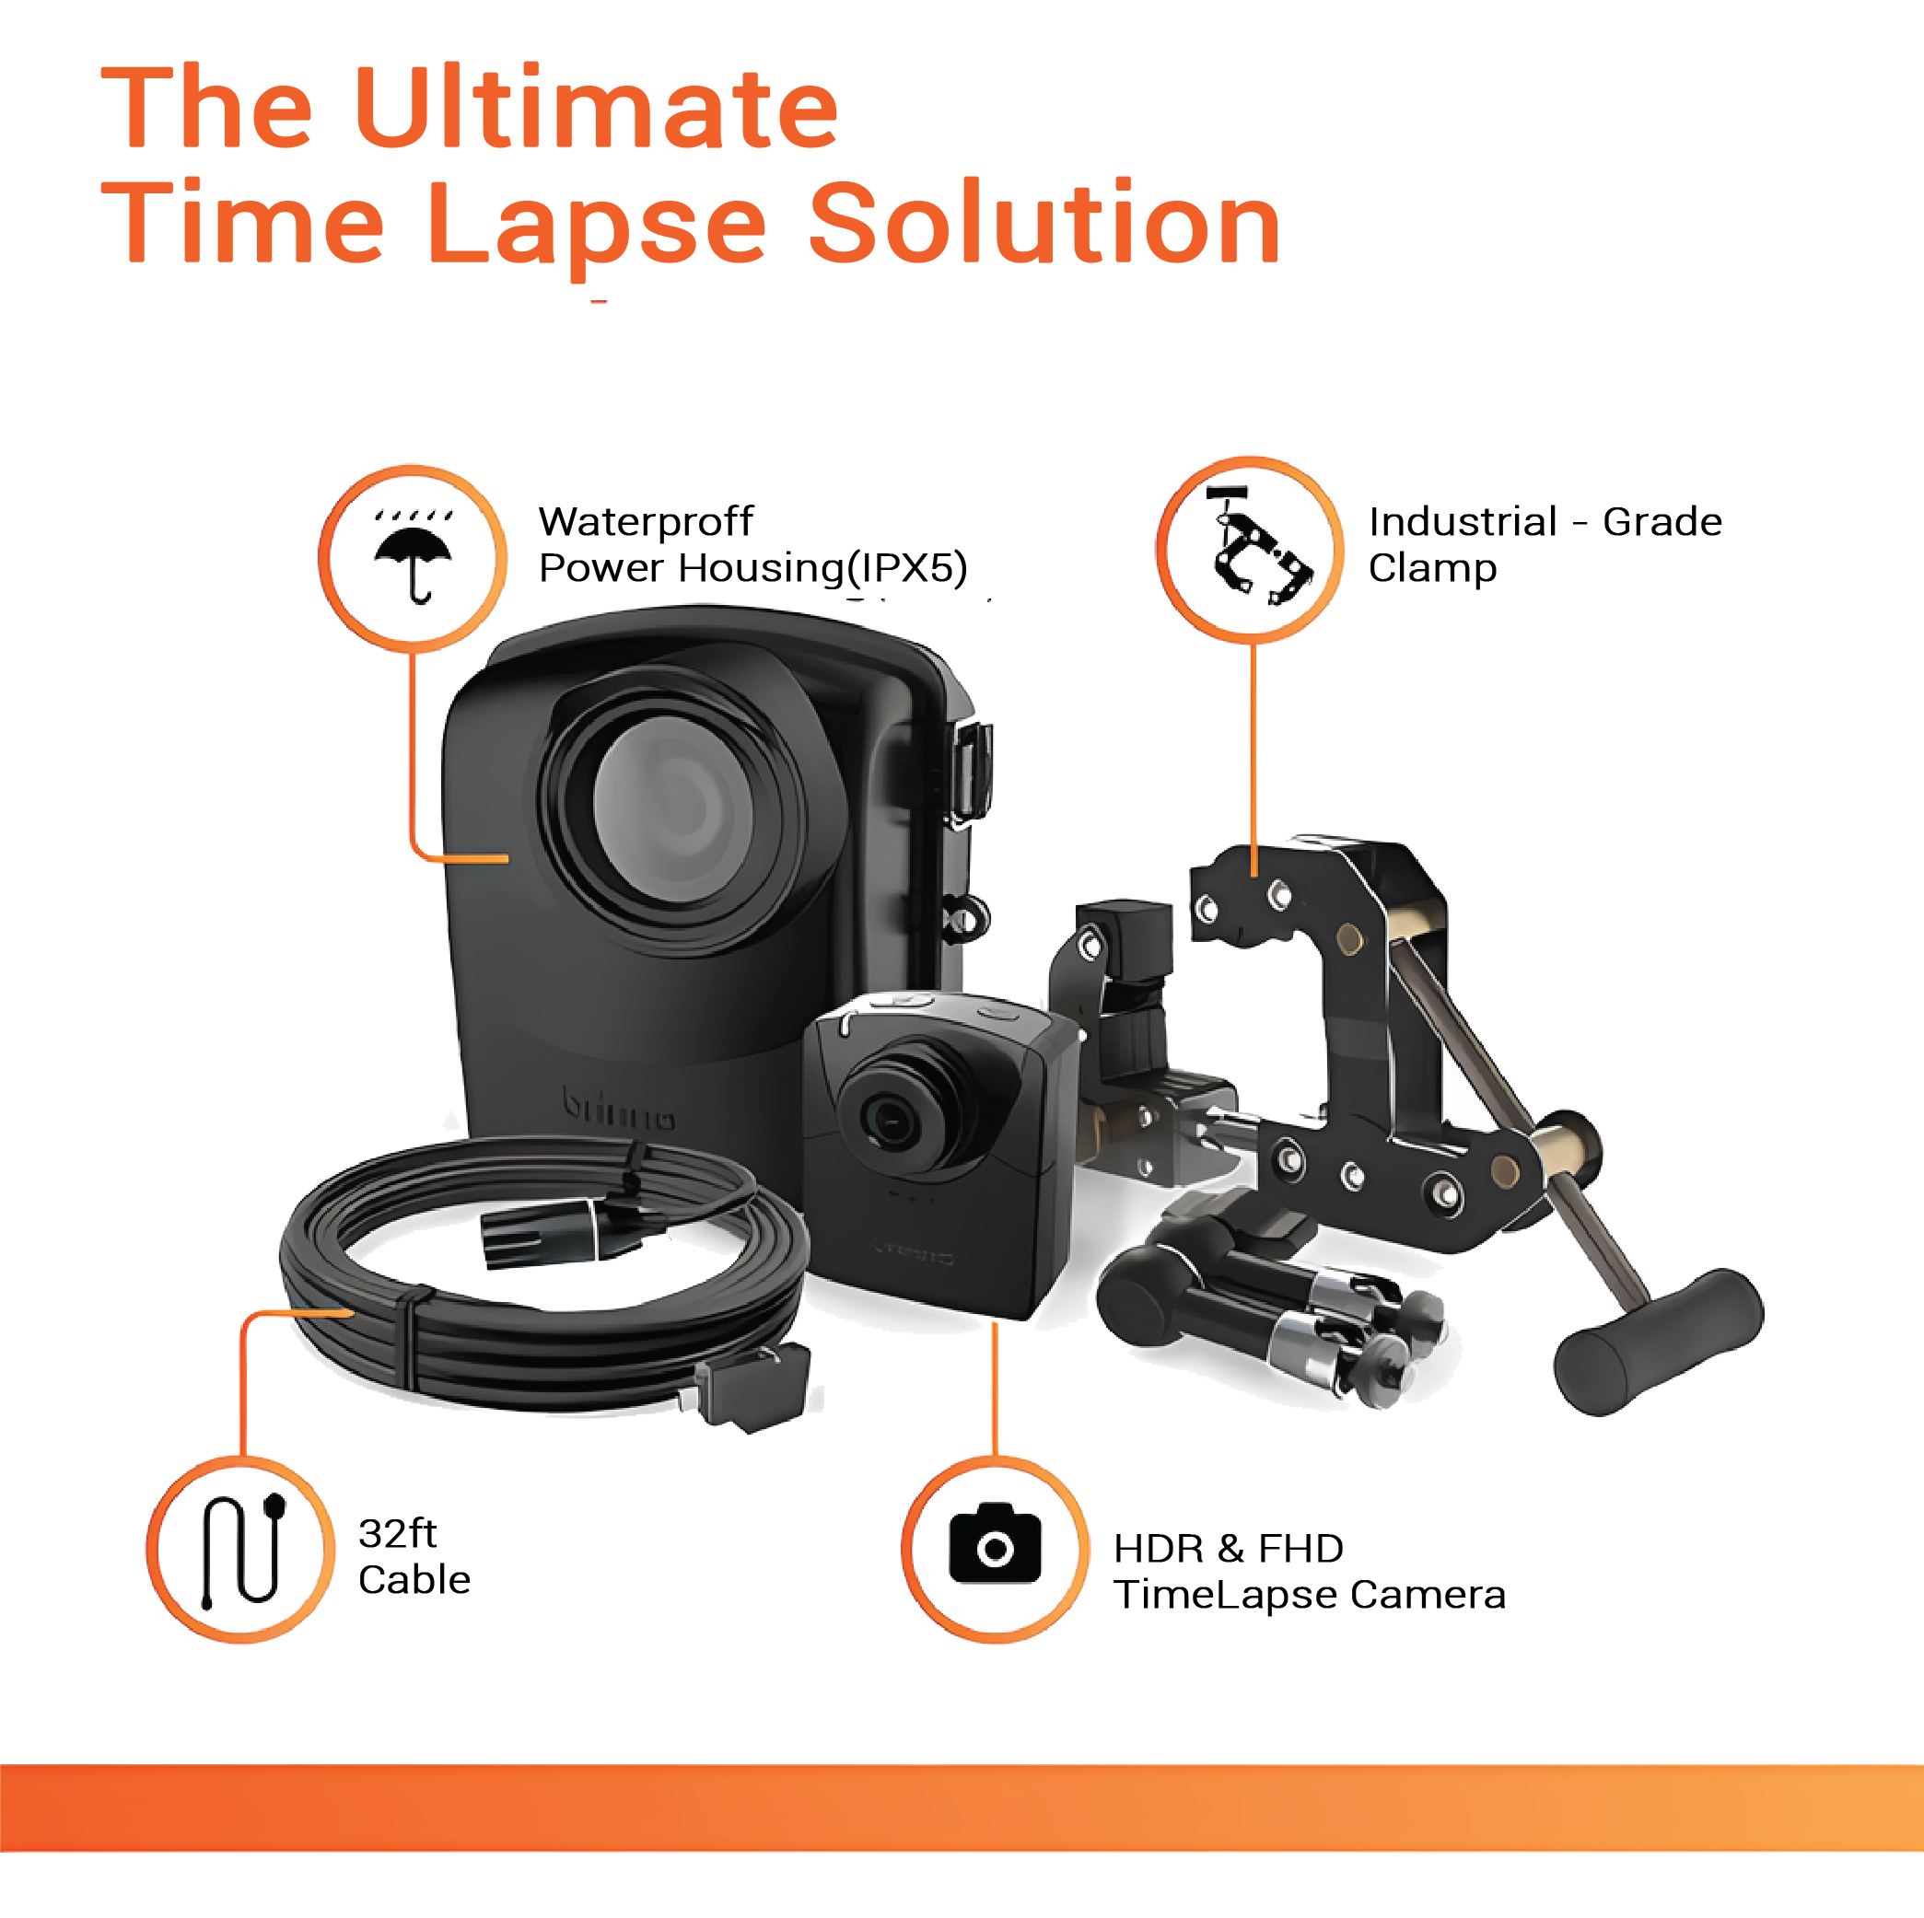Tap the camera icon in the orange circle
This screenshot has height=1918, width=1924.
coord(995,1542)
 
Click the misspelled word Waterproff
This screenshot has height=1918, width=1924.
coord(646,522)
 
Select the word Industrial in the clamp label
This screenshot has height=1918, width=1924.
coord(1463,522)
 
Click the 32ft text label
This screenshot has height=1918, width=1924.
coord(397,1534)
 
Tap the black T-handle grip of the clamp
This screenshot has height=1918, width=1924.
coord(1659,1340)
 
